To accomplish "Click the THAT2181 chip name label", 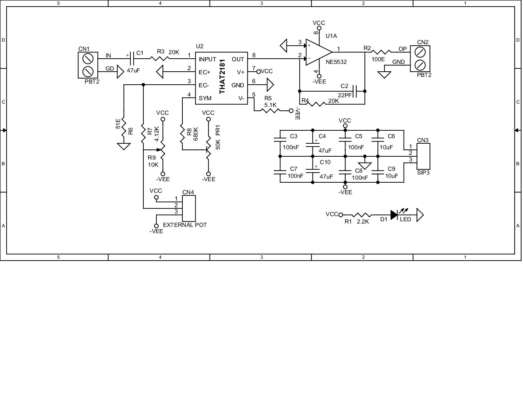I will click(x=222, y=76).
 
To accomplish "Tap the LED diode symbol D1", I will click(x=394, y=215).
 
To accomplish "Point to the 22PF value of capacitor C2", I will click(x=345, y=95).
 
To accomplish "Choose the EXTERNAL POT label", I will click(x=185, y=225).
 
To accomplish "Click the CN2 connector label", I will click(x=423, y=42).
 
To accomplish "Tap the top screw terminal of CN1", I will click(x=88, y=59).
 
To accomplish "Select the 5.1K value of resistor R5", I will click(x=270, y=105).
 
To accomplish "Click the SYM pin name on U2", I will click(x=205, y=98).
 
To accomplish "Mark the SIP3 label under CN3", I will click(x=423, y=172).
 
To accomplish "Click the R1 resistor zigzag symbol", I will click(x=361, y=215).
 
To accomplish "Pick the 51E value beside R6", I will click(x=118, y=124).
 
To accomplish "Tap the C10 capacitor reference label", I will click(x=325, y=162).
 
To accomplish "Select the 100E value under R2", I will click(x=378, y=59).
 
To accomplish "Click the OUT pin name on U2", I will click(x=238, y=59).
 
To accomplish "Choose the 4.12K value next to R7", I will click(x=157, y=134).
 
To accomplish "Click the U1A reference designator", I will click(x=331, y=36).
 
